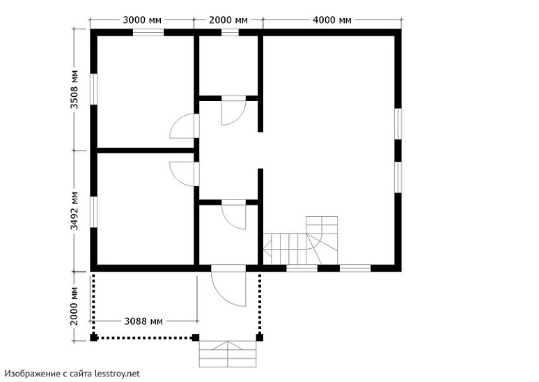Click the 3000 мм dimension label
[x=143, y=20]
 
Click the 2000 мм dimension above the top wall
[x=228, y=20]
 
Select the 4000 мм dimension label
[x=332, y=20]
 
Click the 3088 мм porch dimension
[x=143, y=321]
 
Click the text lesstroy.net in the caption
[x=116, y=374]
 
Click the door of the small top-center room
[x=233, y=112]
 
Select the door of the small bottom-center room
[x=234, y=215]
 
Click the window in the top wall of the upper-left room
[x=148, y=32]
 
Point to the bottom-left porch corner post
[x=93, y=338]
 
